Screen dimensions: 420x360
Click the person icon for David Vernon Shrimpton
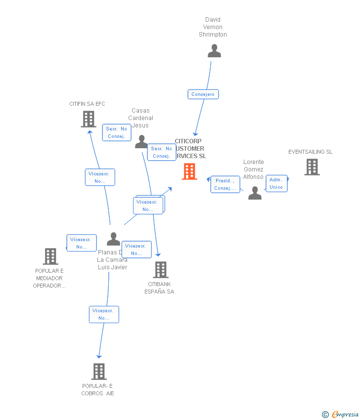coord(214,51)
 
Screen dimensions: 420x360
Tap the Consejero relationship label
coord(203,94)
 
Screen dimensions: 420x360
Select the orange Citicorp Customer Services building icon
coord(189,171)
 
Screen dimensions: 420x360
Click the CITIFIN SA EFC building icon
coord(89,119)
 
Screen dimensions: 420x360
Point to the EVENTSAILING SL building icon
coord(312,167)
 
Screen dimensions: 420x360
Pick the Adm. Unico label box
coord(276,183)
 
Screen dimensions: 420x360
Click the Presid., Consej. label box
coord(225,184)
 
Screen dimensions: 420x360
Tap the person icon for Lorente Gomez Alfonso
coord(255,193)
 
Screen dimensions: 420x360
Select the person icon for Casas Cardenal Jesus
coord(141,142)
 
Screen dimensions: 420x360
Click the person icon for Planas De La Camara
coord(114,239)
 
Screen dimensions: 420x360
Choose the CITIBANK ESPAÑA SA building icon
coord(160,270)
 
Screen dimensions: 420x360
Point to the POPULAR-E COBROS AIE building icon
coord(99,371)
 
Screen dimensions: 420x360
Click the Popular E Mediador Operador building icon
coord(50,256)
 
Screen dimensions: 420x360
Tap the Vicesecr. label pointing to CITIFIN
coord(100,177)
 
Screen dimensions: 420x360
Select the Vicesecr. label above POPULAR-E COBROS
coord(104,314)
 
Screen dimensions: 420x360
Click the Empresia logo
coord(345,415)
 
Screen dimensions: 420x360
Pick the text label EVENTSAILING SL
coord(310,152)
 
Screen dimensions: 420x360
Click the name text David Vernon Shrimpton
coord(213,27)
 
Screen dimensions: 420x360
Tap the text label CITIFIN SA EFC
coord(87,104)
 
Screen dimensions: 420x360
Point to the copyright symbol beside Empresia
coord(325,415)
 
